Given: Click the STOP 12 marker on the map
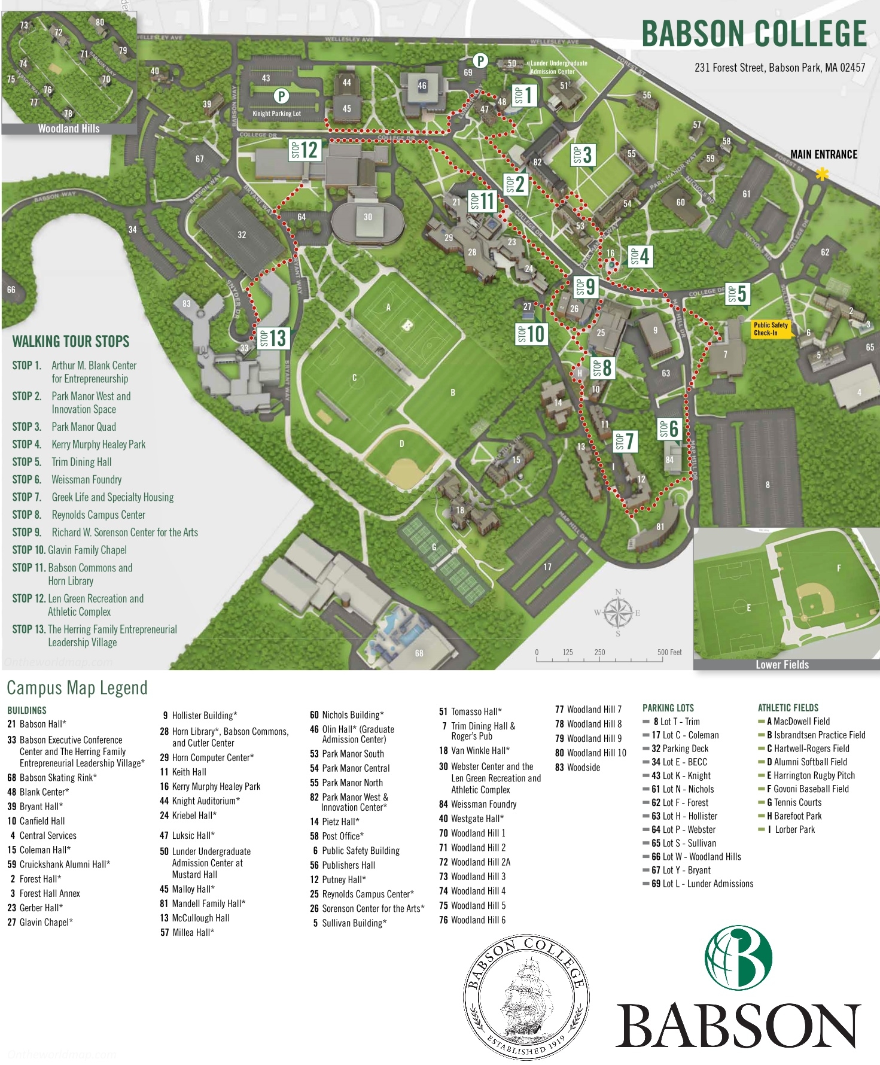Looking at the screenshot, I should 305,150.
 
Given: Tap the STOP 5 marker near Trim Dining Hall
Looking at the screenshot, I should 737,294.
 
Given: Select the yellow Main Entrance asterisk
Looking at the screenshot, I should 823,174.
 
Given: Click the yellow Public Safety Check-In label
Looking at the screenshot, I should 771,329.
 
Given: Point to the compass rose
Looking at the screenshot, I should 618,613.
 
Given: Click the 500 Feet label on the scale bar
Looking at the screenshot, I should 669,652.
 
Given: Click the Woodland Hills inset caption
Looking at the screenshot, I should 69,129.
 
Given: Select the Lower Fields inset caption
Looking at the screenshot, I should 782,664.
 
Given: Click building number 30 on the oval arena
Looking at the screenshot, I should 368,217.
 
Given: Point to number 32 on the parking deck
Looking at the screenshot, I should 242,235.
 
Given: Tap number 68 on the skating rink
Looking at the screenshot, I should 419,653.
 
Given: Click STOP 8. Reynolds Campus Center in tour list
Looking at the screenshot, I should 79,515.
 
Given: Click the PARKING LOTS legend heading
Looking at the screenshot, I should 668,708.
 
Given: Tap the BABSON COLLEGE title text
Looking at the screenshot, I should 754,34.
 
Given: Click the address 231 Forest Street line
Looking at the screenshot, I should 779,68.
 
